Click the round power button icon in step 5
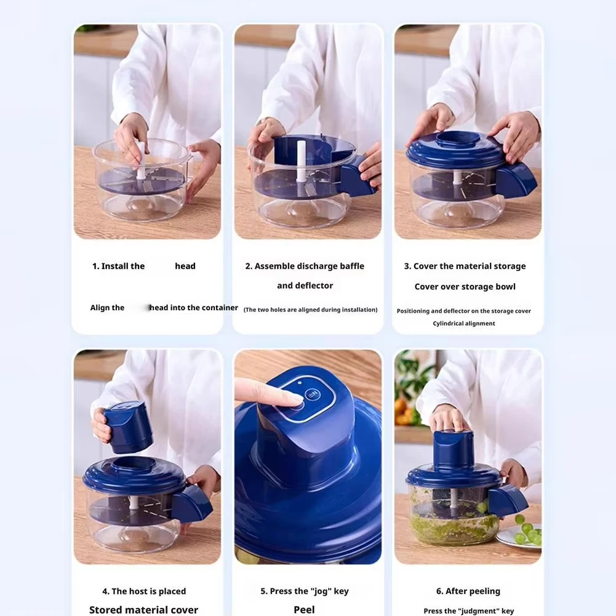pyautogui.click(x=313, y=394)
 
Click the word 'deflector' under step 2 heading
pyautogui.click(x=314, y=286)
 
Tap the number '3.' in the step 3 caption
pyautogui.click(x=407, y=266)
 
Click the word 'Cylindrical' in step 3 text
pyautogui.click(x=447, y=324)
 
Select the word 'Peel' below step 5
pyautogui.click(x=304, y=610)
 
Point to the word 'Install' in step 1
pyautogui.click(x=114, y=266)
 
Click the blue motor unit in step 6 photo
pyautogui.click(x=454, y=449)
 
